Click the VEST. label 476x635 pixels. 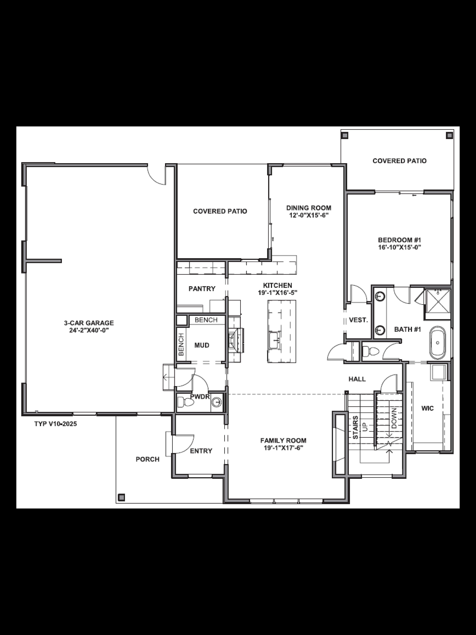358,320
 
